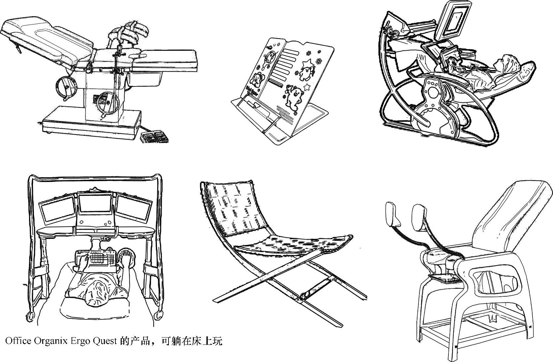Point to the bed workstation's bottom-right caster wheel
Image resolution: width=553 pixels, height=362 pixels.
click(159, 314)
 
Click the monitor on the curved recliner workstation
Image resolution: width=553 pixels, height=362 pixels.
click(454, 20)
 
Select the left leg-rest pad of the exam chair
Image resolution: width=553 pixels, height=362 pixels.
click(391, 214)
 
